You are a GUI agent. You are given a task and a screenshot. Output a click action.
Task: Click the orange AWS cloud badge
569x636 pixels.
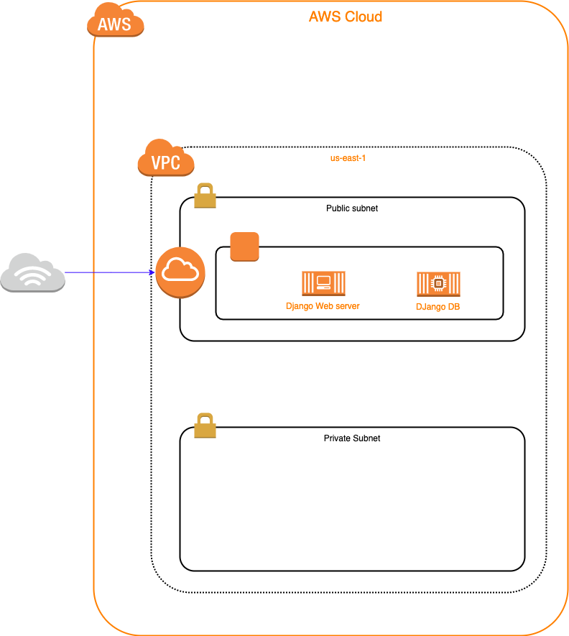[115, 22]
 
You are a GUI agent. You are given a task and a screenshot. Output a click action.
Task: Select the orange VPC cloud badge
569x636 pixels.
[166, 159]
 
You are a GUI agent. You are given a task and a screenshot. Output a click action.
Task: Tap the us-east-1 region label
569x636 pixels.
[348, 158]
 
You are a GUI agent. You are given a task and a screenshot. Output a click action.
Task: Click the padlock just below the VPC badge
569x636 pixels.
[205, 196]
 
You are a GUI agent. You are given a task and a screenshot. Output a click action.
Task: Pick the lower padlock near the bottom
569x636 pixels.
[205, 426]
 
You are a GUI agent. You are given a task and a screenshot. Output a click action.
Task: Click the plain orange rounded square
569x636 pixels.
[244, 246]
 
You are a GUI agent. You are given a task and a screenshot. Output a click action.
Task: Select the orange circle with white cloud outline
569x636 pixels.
[180, 272]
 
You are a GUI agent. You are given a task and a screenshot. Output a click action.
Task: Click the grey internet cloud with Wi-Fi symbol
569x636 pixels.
[32, 273]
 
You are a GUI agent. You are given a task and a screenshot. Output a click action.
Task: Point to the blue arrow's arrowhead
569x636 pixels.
[152, 272]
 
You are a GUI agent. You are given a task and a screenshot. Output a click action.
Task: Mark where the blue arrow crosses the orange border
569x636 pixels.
[94, 272]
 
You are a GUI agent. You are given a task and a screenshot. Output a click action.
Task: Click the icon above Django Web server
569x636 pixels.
[323, 283]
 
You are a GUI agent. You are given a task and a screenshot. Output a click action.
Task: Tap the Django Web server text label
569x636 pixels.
[323, 306]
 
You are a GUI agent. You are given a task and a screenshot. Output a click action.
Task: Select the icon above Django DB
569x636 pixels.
[438, 284]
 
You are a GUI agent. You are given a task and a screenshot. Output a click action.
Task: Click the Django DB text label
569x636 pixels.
[438, 307]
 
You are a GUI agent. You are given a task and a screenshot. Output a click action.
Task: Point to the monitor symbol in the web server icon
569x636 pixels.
[323, 282]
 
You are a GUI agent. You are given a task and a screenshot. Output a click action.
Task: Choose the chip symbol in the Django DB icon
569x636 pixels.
[437, 283]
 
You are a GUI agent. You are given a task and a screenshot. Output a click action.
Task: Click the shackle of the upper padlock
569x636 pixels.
[205, 189]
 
